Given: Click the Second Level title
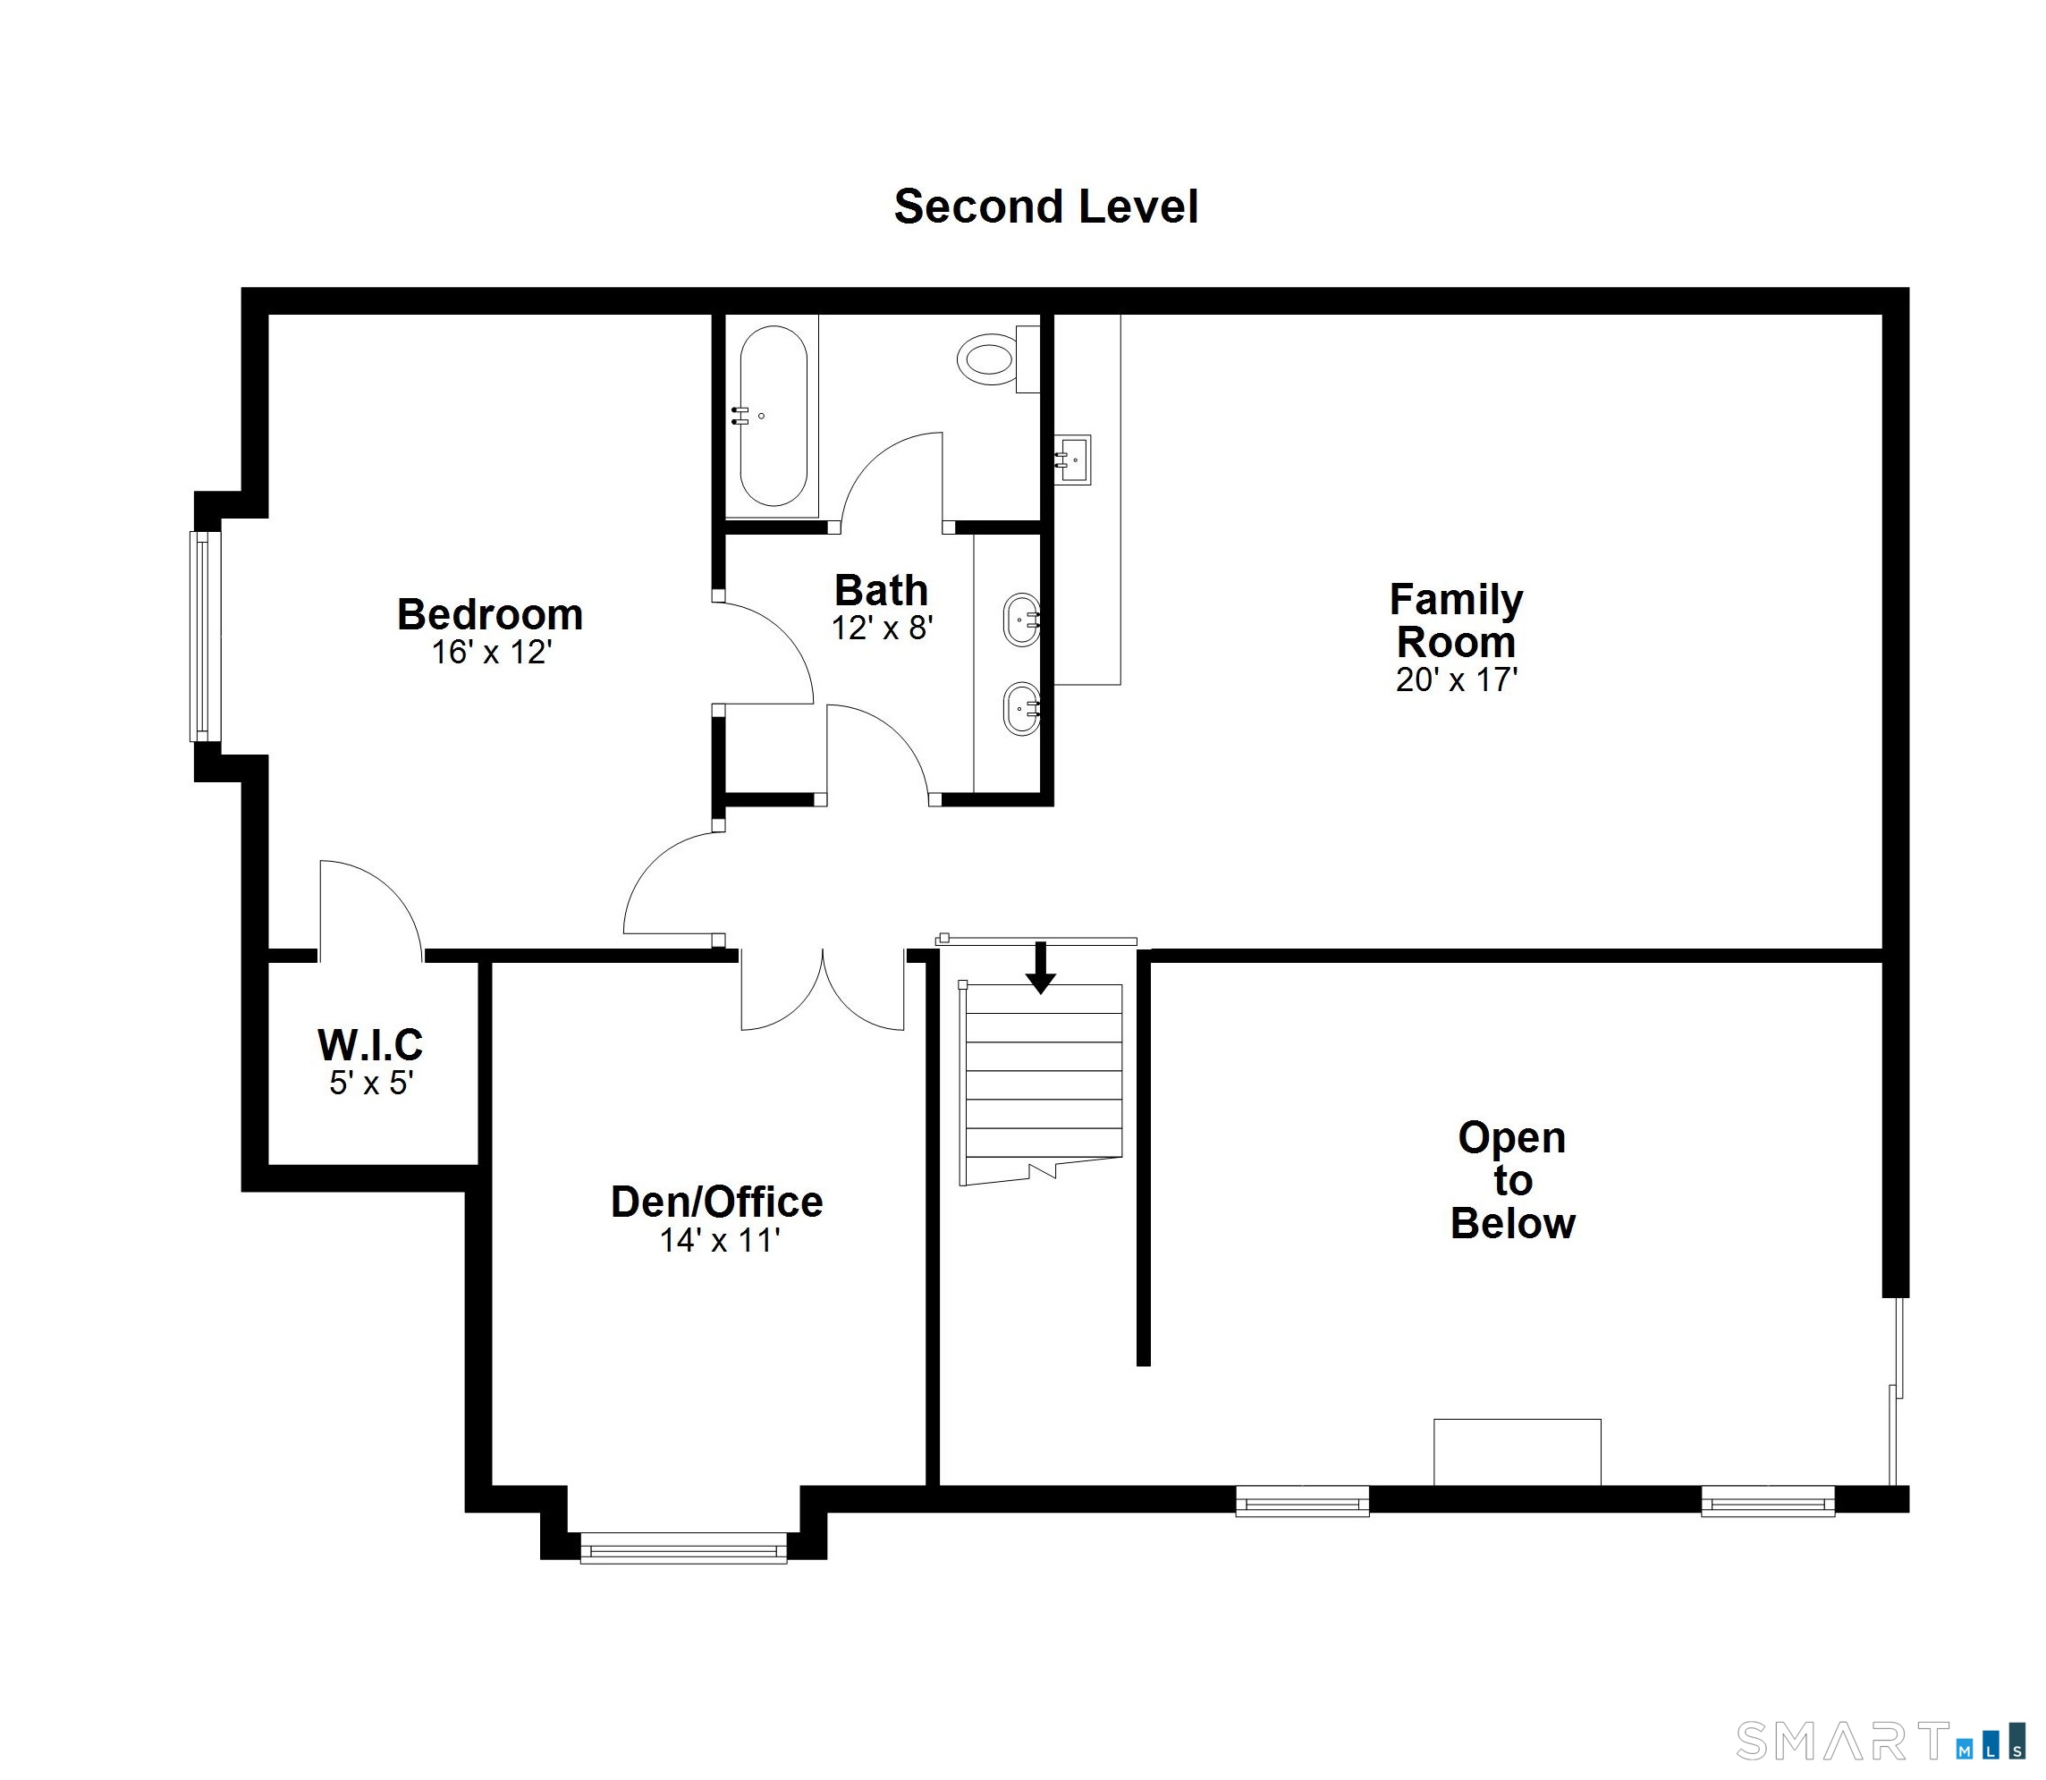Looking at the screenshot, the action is (x=1046, y=207).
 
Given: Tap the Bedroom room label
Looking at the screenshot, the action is (x=490, y=615).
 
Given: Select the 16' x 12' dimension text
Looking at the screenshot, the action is (x=491, y=653).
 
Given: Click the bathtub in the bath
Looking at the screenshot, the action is (x=774, y=418).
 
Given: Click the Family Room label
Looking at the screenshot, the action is (x=1456, y=620).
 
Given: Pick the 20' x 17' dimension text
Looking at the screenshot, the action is (x=1457, y=679).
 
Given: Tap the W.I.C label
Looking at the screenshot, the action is (x=370, y=1045).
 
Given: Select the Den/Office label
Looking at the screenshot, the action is (x=716, y=1202).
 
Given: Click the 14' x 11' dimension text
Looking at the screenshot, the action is (x=720, y=1241).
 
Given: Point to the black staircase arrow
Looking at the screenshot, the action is (x=1040, y=967).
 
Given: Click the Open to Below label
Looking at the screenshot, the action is (x=1512, y=1180).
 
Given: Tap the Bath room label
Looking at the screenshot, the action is (x=881, y=590).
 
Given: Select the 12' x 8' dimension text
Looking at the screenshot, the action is (x=883, y=628).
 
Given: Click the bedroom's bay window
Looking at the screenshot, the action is (x=205, y=636).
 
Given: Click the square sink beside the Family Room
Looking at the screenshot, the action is (x=1071, y=460).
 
